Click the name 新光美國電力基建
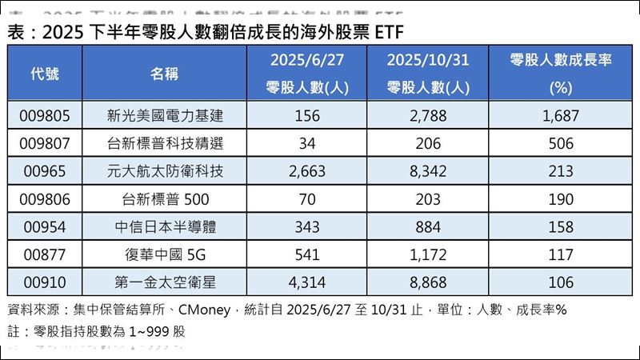[x=165, y=116]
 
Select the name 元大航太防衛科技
[x=165, y=172]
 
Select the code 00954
[x=45, y=227]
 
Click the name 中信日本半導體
[x=165, y=227]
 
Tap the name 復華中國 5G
[x=164, y=255]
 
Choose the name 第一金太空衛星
[x=165, y=282]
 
